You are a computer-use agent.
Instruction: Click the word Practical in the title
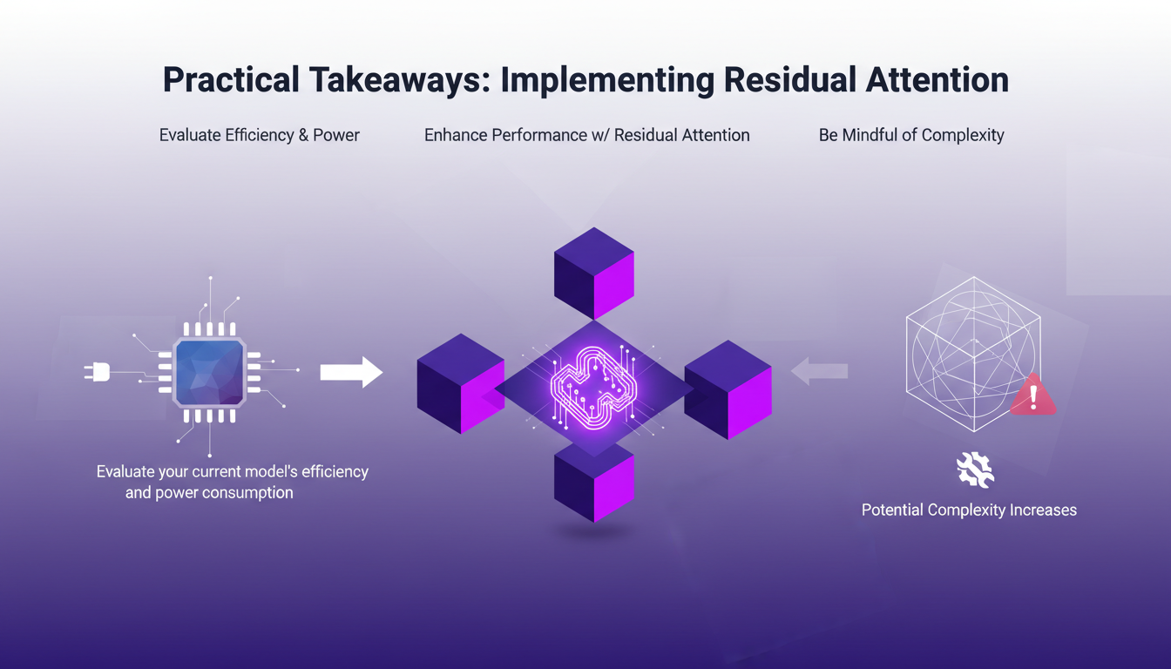[x=229, y=80]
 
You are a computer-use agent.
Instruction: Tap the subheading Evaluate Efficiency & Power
[x=260, y=135]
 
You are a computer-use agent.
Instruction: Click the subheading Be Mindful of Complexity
[x=911, y=135]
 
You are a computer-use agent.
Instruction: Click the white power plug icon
[x=97, y=372]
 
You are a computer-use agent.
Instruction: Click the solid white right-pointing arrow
[x=351, y=372]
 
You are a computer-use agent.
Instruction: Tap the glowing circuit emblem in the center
[x=594, y=389]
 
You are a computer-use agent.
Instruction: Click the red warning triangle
[x=1033, y=397]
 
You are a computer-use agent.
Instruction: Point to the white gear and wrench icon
[x=975, y=470]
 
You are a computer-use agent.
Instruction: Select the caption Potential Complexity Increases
[x=969, y=510]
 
